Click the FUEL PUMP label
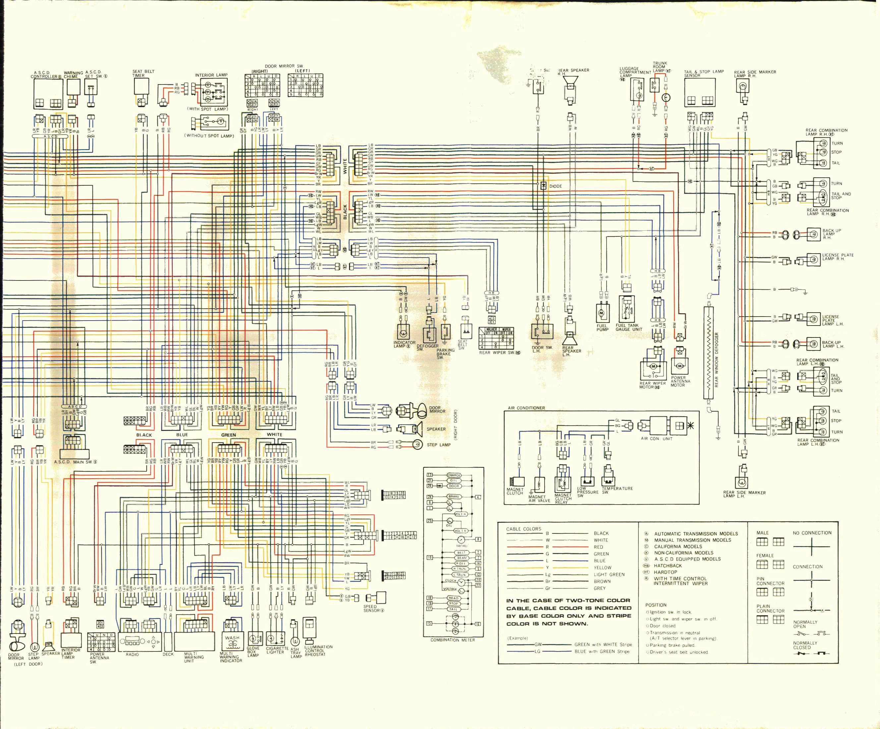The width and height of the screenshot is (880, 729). [x=602, y=328]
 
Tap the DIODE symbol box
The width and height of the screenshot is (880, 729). [x=543, y=186]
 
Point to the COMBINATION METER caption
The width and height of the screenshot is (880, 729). [x=452, y=640]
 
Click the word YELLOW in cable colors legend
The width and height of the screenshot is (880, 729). [x=602, y=568]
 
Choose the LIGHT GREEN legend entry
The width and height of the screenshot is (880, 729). [x=609, y=574]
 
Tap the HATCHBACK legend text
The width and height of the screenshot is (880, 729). [x=668, y=566]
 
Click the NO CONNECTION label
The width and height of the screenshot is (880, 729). [x=812, y=533]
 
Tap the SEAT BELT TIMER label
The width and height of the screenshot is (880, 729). [x=143, y=73]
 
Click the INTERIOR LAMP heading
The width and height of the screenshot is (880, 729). [x=211, y=75]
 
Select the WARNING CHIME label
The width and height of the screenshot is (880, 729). [x=73, y=75]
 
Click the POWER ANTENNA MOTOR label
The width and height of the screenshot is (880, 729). [x=680, y=381]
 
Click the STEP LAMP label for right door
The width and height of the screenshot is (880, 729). [x=439, y=445]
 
